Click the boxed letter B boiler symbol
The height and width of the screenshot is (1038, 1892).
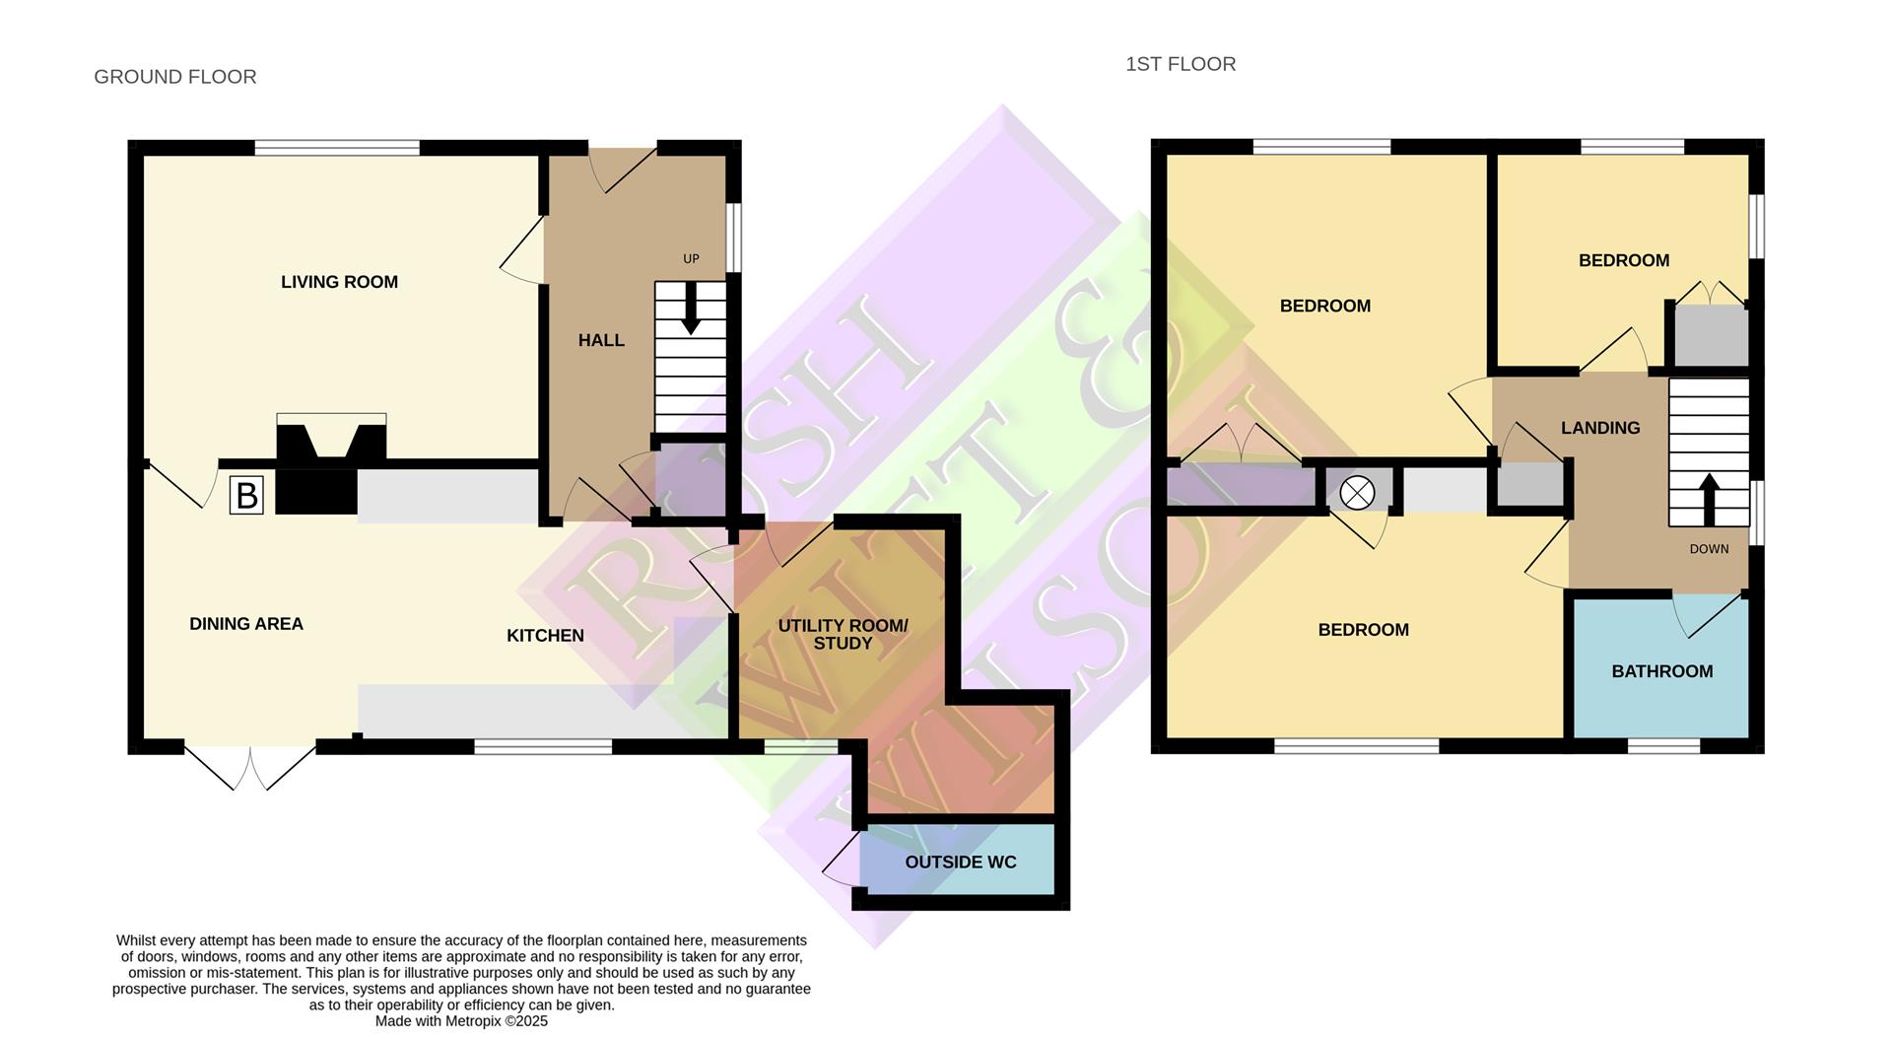(246, 495)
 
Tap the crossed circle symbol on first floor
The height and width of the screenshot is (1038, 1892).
(1357, 493)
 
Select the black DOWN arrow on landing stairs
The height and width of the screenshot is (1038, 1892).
(1709, 499)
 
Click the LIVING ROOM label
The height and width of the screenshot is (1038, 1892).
(339, 282)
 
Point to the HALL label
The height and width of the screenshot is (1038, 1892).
(601, 340)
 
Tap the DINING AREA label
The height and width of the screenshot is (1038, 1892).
(246, 624)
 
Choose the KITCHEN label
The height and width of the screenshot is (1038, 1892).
(545, 636)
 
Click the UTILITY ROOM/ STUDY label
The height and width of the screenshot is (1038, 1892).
(843, 634)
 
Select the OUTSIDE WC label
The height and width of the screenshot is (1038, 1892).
(960, 863)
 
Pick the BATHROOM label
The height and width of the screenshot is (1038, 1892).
(1661, 671)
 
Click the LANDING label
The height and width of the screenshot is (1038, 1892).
(1599, 428)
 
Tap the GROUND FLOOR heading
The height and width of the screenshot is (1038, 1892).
(175, 77)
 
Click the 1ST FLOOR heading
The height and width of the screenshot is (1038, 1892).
(1181, 64)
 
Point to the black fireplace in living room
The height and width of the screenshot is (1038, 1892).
(330, 439)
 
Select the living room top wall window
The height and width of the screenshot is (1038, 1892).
(337, 148)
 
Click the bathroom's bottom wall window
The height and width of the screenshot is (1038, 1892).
(1663, 746)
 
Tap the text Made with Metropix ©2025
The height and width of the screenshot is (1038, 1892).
(461, 1021)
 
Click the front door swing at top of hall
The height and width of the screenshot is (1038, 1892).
(621, 168)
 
